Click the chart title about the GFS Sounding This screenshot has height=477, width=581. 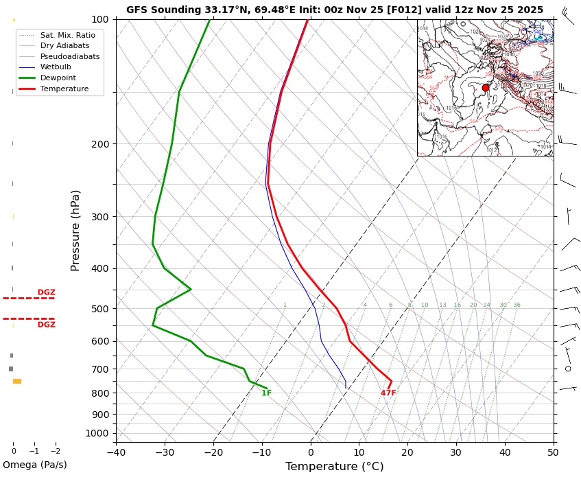[334, 10]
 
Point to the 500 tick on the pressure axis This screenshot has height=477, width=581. [99, 309]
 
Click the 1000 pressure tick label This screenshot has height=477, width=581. [97, 433]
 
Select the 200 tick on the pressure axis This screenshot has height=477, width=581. [99, 144]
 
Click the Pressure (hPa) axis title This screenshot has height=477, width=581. [75, 230]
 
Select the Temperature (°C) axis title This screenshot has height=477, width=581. [334, 467]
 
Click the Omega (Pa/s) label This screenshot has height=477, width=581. [35, 465]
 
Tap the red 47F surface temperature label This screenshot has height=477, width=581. [388, 393]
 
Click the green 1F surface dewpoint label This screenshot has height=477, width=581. [266, 393]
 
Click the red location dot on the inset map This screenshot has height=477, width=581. [486, 88]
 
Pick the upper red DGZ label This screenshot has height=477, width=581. [47, 292]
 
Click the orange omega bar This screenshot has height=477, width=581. [17, 381]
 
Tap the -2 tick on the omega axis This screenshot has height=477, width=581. [56, 452]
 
